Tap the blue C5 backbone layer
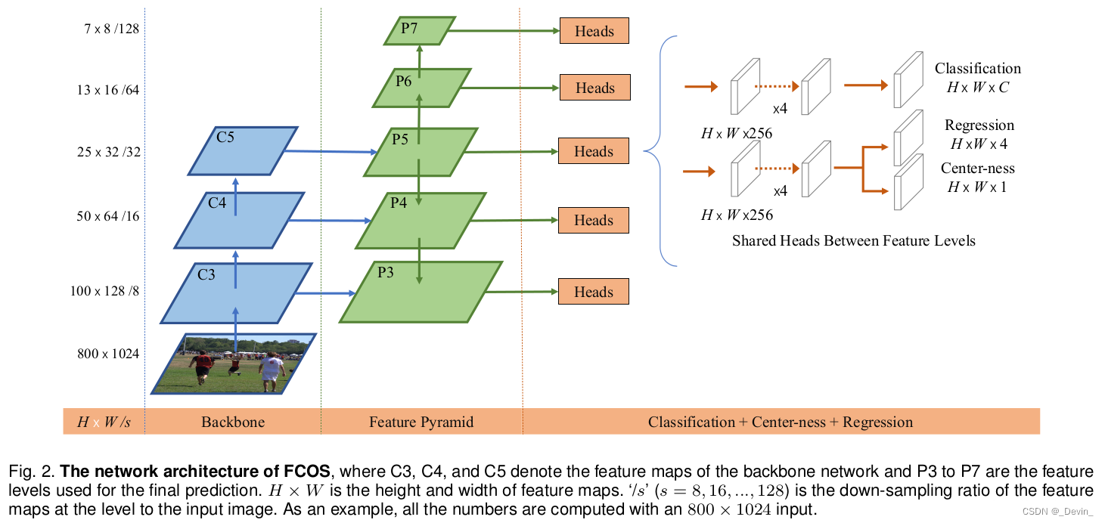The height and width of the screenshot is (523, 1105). [241, 150]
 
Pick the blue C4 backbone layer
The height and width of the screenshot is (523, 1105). [239, 219]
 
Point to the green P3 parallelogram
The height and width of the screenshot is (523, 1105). [421, 292]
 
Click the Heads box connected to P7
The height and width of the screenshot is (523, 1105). [594, 31]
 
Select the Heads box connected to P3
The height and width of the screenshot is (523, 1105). [594, 292]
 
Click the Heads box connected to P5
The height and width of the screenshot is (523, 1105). [594, 151]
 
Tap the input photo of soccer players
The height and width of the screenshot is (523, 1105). [234, 364]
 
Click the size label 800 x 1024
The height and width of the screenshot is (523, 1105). [108, 354]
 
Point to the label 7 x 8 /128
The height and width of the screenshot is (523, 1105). [112, 29]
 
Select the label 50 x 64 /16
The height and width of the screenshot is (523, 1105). [108, 217]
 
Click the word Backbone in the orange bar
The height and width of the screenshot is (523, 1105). [233, 422]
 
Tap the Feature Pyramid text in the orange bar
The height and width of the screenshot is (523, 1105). [421, 422]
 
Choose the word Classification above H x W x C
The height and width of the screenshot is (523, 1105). [978, 69]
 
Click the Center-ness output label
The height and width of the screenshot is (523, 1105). [978, 168]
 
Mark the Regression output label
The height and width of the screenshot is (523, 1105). [979, 125]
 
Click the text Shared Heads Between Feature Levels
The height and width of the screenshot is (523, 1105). [854, 241]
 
